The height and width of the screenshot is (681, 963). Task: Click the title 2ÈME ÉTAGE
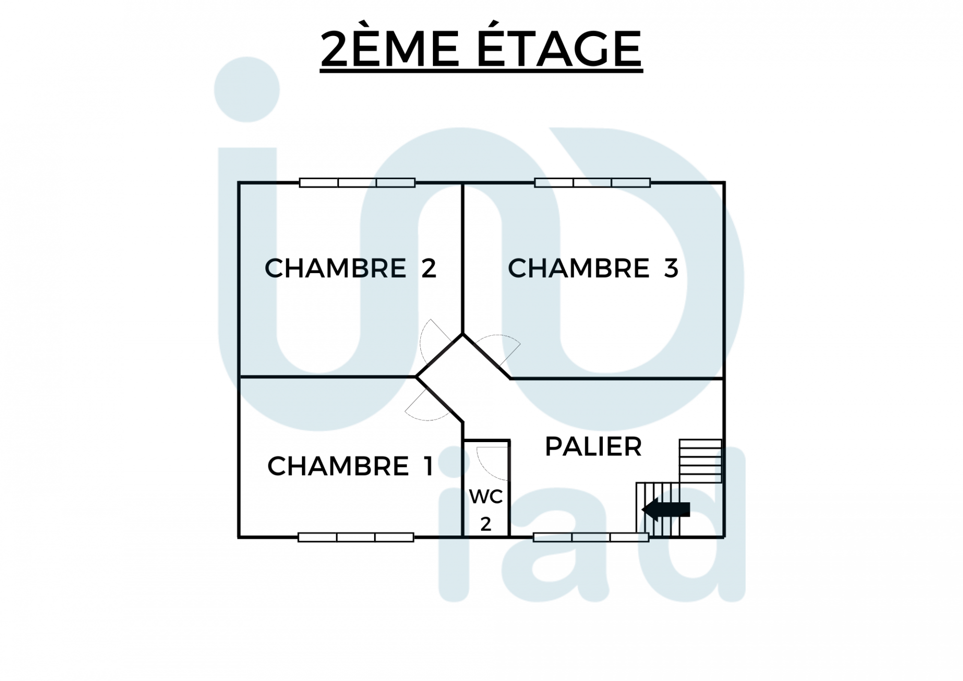[481, 49]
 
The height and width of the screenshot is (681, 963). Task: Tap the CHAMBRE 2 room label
[350, 268]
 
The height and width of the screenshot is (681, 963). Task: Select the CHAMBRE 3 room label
[593, 268]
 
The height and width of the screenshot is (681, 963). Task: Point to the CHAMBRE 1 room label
[350, 466]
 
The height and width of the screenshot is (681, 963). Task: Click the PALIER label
[593, 446]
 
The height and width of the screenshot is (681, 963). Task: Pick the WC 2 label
[486, 509]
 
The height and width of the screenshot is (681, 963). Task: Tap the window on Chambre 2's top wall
[357, 183]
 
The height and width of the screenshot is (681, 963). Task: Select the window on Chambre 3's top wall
[592, 183]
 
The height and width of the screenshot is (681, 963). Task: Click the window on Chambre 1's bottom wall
[356, 537]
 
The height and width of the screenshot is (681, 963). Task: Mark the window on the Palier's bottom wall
[591, 537]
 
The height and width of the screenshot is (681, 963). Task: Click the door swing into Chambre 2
[431, 340]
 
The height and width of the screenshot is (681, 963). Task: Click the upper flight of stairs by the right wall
[700, 461]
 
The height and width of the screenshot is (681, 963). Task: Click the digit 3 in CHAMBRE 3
[671, 268]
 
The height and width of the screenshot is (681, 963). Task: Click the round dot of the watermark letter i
[247, 89]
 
